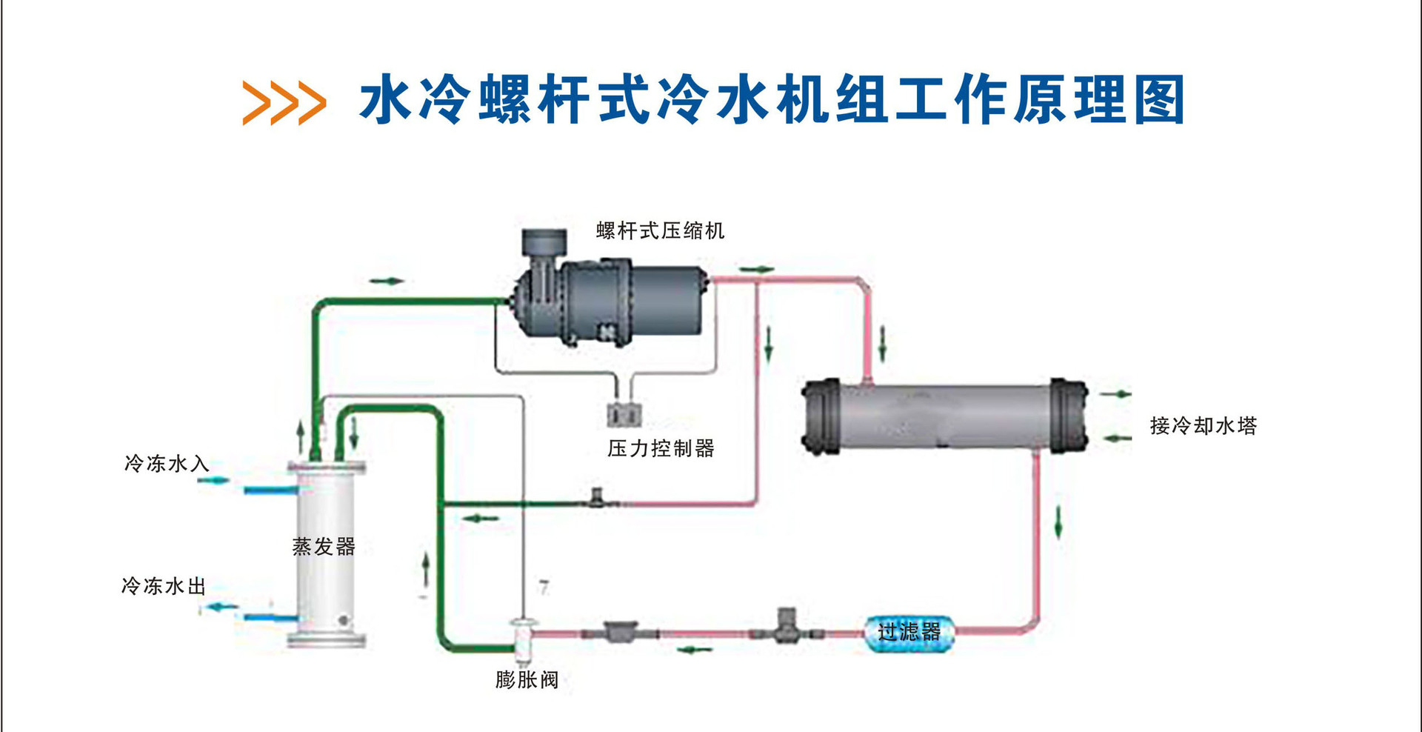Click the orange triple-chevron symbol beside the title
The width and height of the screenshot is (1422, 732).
tap(284, 102)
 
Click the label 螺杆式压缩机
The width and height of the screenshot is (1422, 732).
tap(660, 231)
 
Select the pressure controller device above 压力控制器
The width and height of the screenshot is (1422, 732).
tap(624, 414)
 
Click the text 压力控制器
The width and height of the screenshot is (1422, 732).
tap(661, 448)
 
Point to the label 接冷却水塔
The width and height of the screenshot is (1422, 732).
tap(1203, 426)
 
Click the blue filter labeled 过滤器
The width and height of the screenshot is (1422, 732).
tap(909, 632)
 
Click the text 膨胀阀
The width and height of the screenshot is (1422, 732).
tap(527, 679)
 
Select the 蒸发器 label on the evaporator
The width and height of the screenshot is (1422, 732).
tap(324, 547)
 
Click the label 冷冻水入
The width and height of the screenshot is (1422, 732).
tap(166, 464)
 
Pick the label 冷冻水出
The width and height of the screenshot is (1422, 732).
tap(164, 586)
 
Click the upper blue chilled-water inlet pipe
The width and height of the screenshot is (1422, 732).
tap(270, 490)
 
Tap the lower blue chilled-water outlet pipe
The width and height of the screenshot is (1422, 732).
tap(270, 617)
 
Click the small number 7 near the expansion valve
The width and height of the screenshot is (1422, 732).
tap(544, 588)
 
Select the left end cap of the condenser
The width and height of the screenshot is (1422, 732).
tap(821, 417)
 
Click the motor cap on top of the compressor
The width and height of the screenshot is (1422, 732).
tap(544, 242)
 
